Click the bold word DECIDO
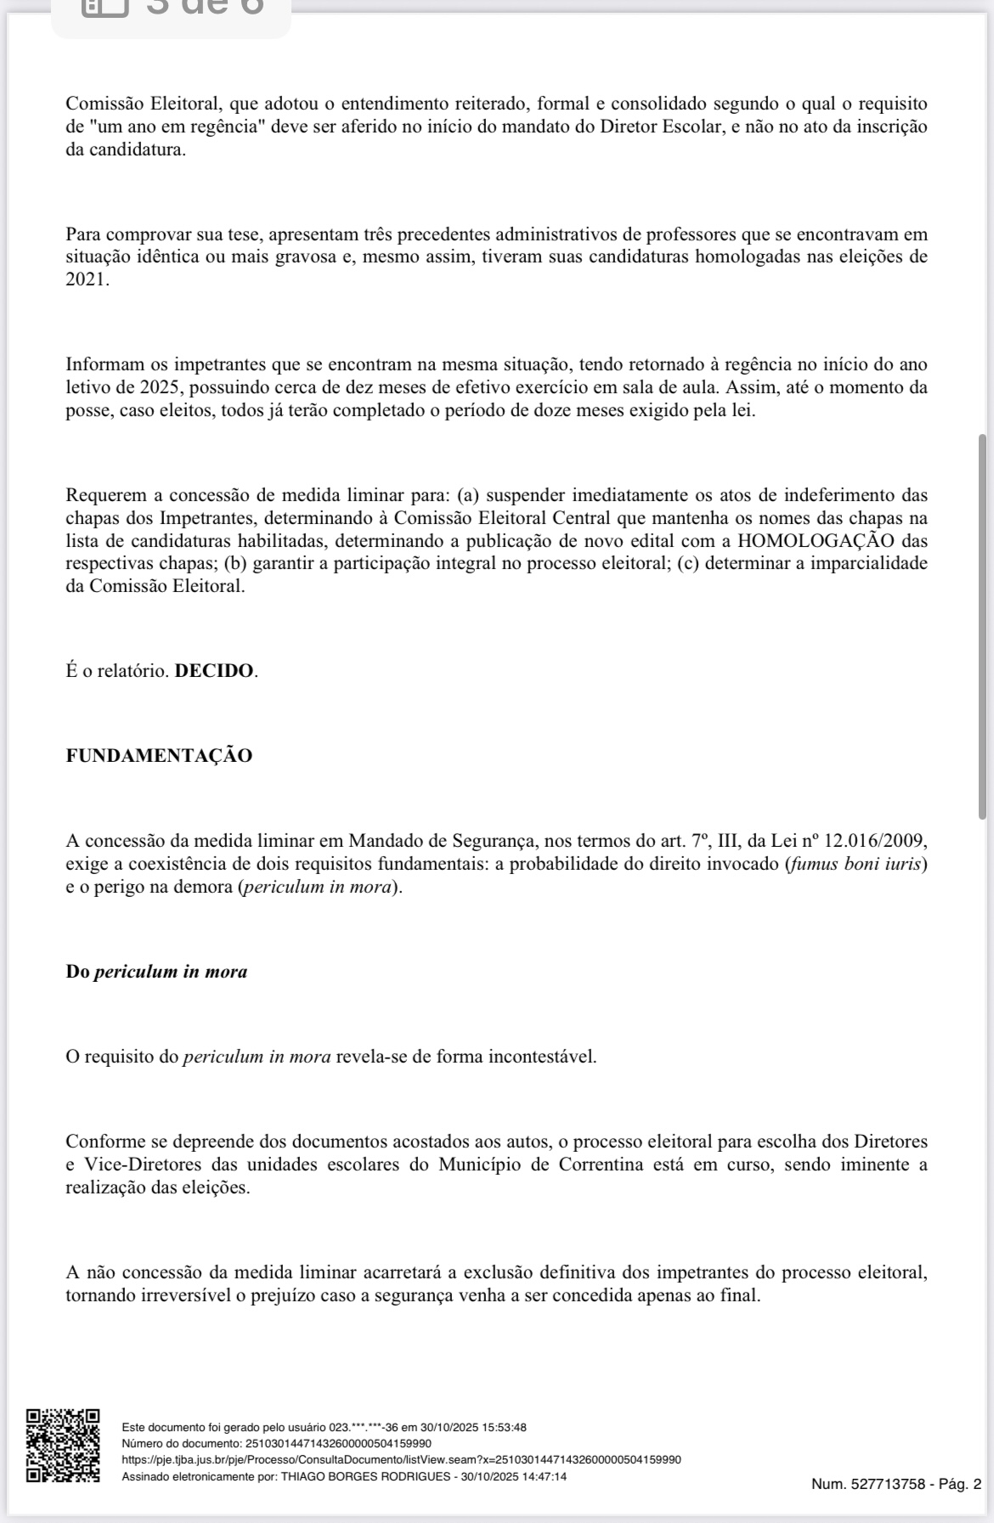[x=214, y=671]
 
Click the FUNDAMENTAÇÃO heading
[x=159, y=756]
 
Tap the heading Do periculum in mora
[x=156, y=972]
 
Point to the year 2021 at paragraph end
[x=87, y=279]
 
